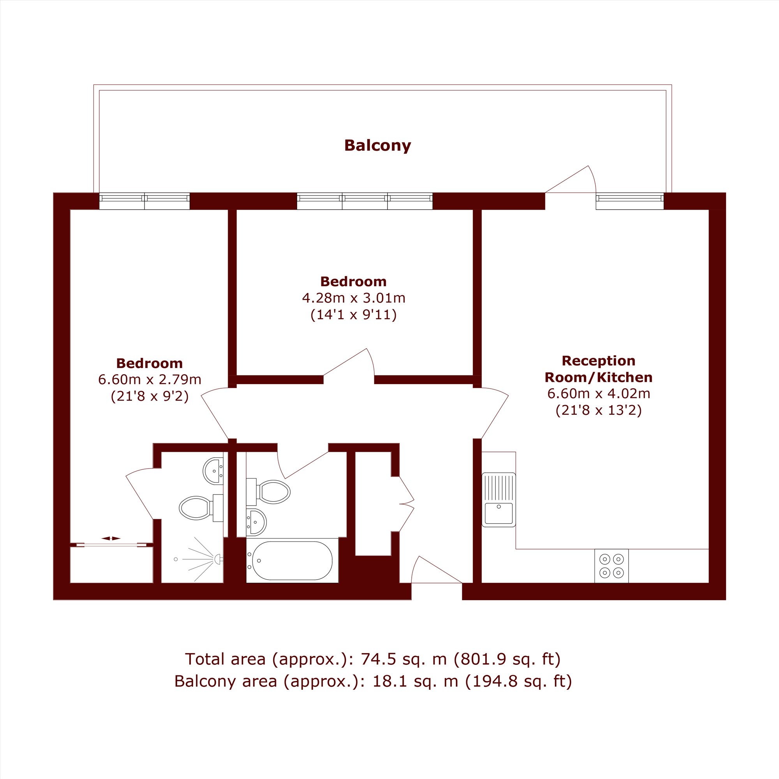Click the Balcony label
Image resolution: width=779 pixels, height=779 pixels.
[377, 146]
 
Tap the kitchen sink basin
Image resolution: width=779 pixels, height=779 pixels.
[499, 513]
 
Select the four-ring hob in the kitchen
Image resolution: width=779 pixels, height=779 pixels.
[611, 566]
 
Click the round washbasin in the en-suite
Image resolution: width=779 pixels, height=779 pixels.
[213, 471]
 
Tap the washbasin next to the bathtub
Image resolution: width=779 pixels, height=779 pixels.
[256, 522]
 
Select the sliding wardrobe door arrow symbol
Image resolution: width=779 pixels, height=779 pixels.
[111, 538]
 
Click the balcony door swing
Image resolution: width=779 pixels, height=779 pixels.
[571, 179]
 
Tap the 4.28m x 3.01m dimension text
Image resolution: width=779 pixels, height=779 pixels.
[354, 298]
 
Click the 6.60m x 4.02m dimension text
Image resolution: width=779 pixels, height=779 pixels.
[598, 393]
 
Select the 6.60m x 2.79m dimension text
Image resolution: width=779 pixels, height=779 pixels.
[150, 379]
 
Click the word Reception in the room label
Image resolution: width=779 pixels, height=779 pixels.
[598, 360]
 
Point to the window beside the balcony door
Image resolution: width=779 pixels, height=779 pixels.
[630, 201]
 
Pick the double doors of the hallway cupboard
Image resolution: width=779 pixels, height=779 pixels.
[406, 504]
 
